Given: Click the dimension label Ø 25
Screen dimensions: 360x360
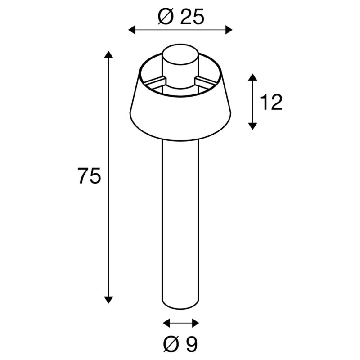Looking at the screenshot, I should click(x=181, y=17).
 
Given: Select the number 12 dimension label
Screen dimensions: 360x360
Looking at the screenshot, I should click(x=271, y=103).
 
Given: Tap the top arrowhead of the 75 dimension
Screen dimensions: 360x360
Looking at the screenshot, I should click(x=108, y=55).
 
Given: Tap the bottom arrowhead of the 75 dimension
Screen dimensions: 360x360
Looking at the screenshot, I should click(x=108, y=299).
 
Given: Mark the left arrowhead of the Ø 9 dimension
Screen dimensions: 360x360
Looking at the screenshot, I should click(x=166, y=323).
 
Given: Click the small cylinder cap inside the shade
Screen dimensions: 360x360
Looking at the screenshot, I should click(x=180, y=63).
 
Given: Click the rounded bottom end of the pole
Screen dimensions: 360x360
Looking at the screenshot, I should click(x=180, y=306).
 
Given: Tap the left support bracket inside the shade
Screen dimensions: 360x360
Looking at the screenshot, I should click(x=153, y=82).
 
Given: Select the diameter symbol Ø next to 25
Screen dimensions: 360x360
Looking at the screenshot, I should click(x=166, y=17).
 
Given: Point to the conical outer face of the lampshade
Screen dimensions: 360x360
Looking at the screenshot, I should click(x=180, y=115).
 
